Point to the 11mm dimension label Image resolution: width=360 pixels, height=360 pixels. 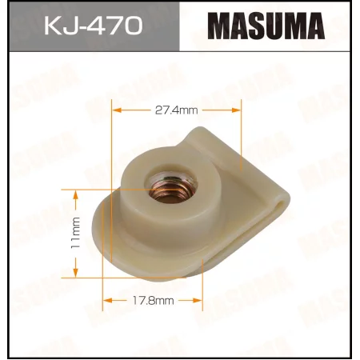click(75, 232)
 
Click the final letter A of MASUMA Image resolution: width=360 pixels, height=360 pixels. click(315, 26)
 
